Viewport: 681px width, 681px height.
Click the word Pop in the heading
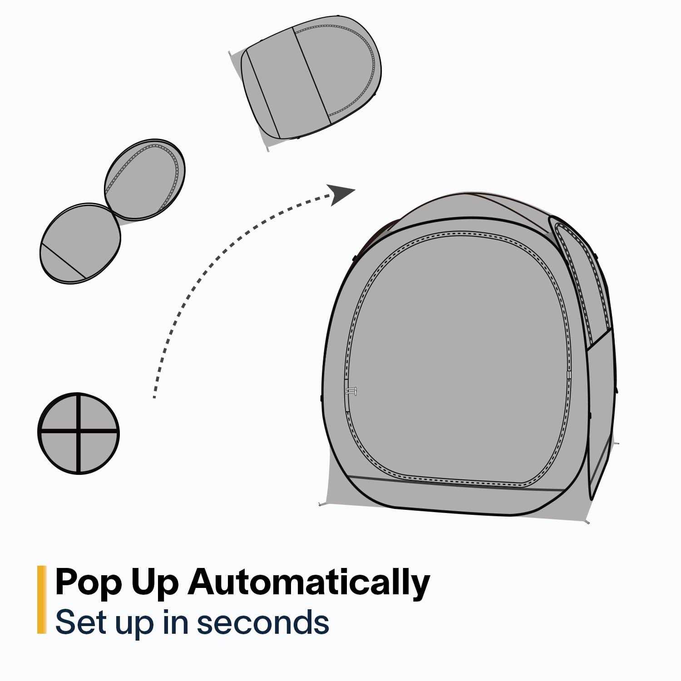point(88,583)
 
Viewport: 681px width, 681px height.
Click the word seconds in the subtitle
point(263,622)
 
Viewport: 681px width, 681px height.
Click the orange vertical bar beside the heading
point(42,600)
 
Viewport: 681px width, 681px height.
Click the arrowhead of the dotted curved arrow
point(341,194)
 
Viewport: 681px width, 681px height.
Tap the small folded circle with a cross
point(79,434)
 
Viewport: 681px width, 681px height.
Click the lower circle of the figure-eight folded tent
point(80,244)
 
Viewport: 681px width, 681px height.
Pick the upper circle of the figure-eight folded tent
point(145,179)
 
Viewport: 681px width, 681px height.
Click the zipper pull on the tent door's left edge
point(350,391)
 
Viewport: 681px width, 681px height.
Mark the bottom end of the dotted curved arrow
point(155,397)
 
